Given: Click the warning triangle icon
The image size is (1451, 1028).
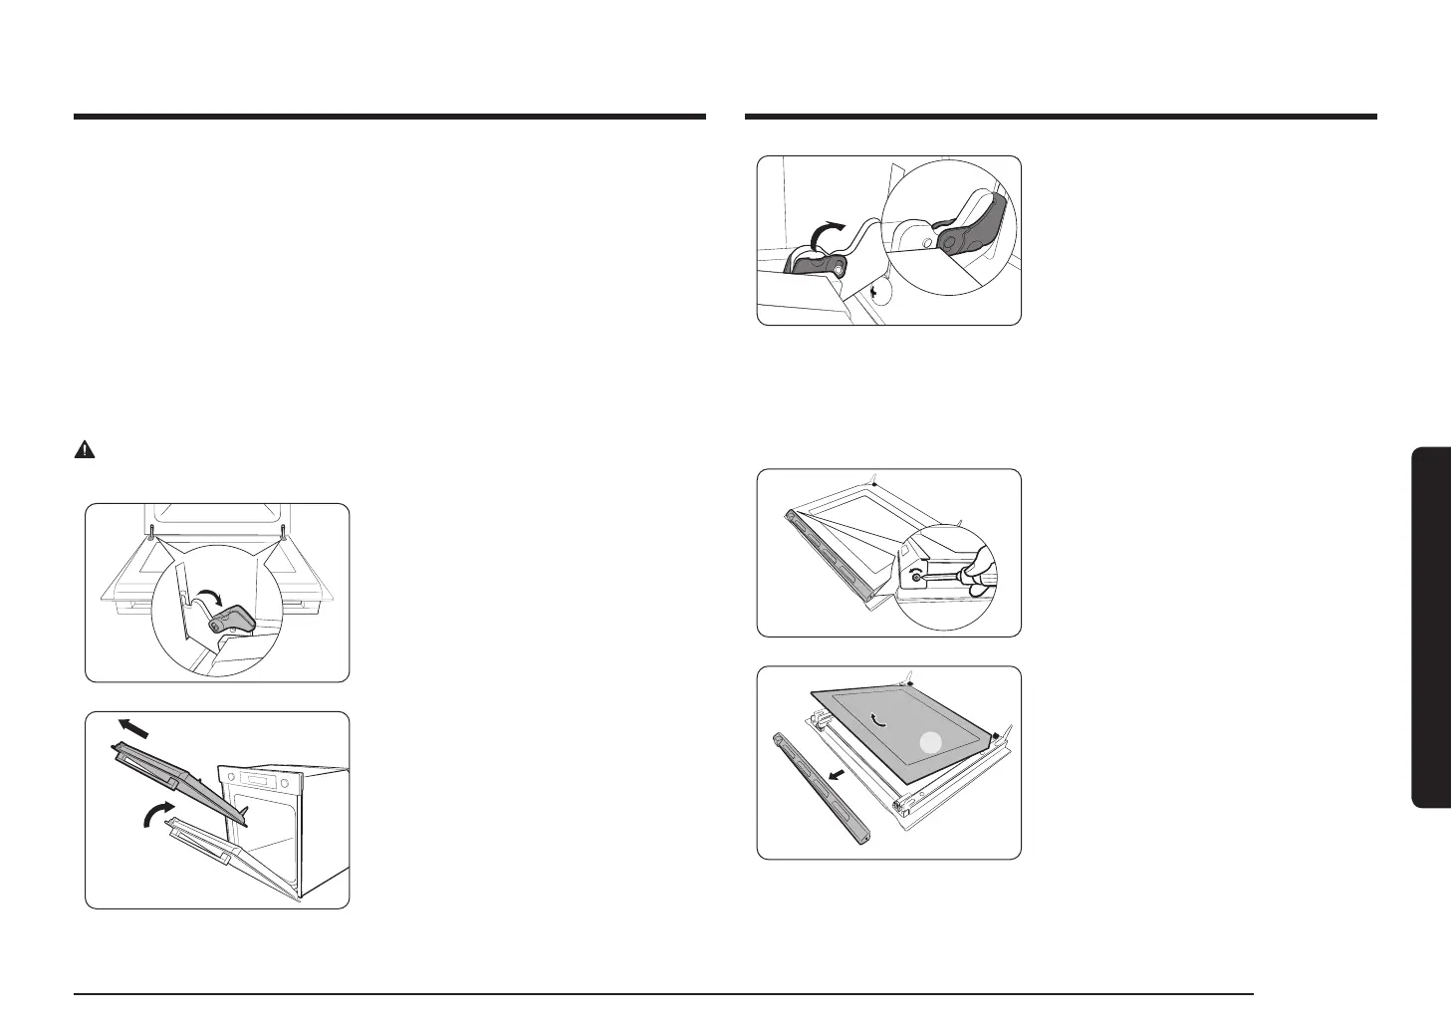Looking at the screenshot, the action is tap(85, 450).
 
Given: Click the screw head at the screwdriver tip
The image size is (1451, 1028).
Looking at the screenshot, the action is tap(915, 577).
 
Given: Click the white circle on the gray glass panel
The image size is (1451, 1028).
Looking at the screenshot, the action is tap(929, 741).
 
